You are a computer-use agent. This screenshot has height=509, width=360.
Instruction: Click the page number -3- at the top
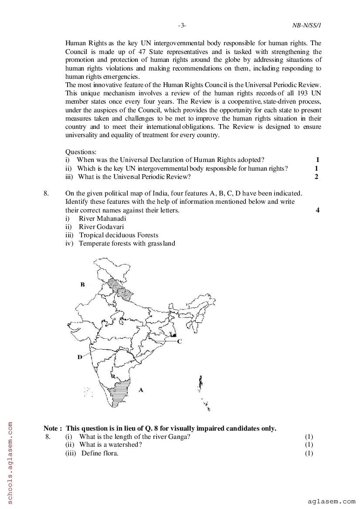point(182,26)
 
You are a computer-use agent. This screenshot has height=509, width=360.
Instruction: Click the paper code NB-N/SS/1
point(307,26)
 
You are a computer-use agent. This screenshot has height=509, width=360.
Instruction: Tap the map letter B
point(82,284)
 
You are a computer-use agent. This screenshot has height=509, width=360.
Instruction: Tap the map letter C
point(179,342)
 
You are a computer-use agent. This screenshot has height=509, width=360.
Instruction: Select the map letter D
point(80,357)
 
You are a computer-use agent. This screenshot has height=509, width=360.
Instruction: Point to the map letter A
point(141,390)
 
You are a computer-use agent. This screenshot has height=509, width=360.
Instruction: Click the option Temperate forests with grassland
point(127,243)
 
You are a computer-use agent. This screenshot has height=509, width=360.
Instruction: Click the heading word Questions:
point(81,152)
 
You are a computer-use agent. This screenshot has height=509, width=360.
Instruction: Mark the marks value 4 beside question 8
point(318,210)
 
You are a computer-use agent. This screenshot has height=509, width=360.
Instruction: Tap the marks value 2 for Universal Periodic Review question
point(316,177)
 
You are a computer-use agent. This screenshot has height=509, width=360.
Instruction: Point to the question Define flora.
point(100,453)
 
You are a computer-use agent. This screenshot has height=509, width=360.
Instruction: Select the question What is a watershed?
point(111,445)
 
